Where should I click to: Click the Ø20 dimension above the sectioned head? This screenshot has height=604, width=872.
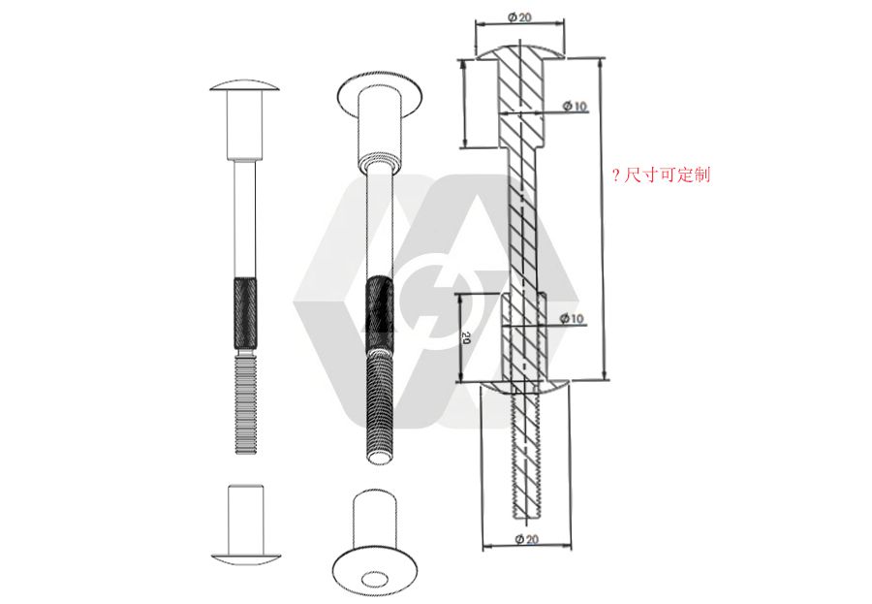pos(519,17)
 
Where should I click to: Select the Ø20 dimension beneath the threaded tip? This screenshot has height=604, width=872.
pos(527,539)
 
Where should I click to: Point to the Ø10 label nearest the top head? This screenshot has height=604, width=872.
pos(575,106)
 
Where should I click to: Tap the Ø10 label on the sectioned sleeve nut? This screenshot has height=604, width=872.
pos(572,318)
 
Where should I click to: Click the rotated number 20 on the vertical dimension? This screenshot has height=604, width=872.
pos(467,338)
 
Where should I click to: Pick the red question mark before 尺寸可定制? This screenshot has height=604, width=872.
pos(615,176)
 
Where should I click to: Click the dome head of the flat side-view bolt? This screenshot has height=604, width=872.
pos(244,85)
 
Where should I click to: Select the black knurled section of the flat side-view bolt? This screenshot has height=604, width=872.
pos(245,312)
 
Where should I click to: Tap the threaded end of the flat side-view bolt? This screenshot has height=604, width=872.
pos(245,405)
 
